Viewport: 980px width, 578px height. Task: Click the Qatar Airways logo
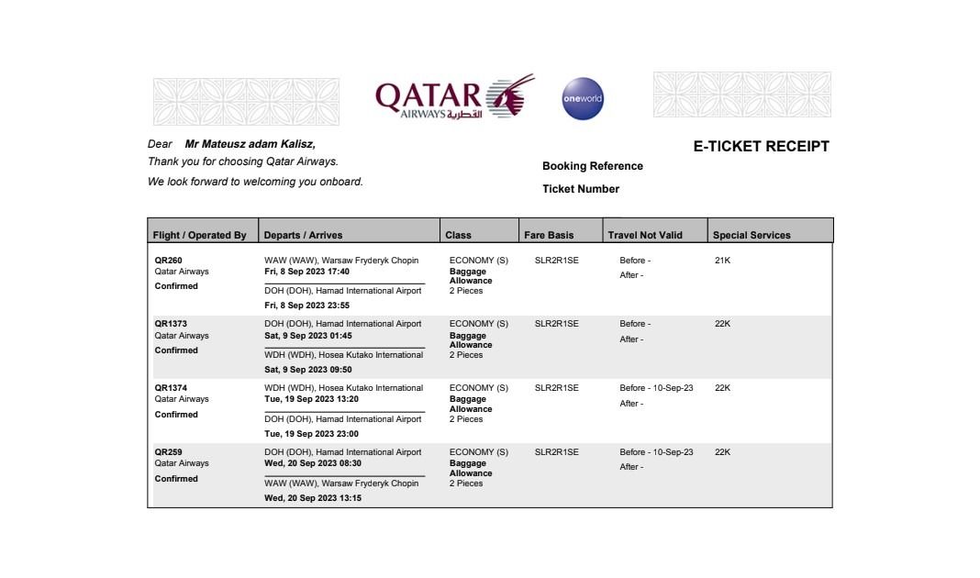click(x=454, y=98)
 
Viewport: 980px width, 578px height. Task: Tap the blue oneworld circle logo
click(x=583, y=98)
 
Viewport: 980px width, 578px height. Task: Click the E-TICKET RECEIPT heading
click(x=761, y=146)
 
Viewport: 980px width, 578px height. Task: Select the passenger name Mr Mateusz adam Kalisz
click(x=250, y=144)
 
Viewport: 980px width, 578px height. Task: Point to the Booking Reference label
click(x=592, y=166)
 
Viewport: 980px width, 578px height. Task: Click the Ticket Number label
click(x=580, y=189)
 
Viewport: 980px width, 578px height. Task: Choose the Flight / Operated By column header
click(x=200, y=235)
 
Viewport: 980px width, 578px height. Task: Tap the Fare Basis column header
click(x=549, y=235)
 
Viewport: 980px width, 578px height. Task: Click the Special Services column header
click(x=751, y=235)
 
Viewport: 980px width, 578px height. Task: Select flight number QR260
click(x=168, y=261)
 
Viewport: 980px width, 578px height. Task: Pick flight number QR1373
click(x=171, y=324)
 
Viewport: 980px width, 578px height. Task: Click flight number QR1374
click(x=171, y=388)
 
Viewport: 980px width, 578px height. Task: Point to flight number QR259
click(x=168, y=452)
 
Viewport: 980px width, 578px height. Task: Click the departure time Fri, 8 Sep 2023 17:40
click(x=306, y=272)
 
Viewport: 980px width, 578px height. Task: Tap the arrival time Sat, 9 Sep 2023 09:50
click(x=307, y=370)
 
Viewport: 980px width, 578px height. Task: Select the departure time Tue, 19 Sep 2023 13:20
click(x=311, y=399)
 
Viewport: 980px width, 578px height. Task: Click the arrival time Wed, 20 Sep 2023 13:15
click(x=313, y=498)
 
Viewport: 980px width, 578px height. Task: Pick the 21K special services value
click(x=722, y=261)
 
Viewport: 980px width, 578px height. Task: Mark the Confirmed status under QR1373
click(x=176, y=350)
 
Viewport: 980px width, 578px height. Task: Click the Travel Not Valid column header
click(x=645, y=235)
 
